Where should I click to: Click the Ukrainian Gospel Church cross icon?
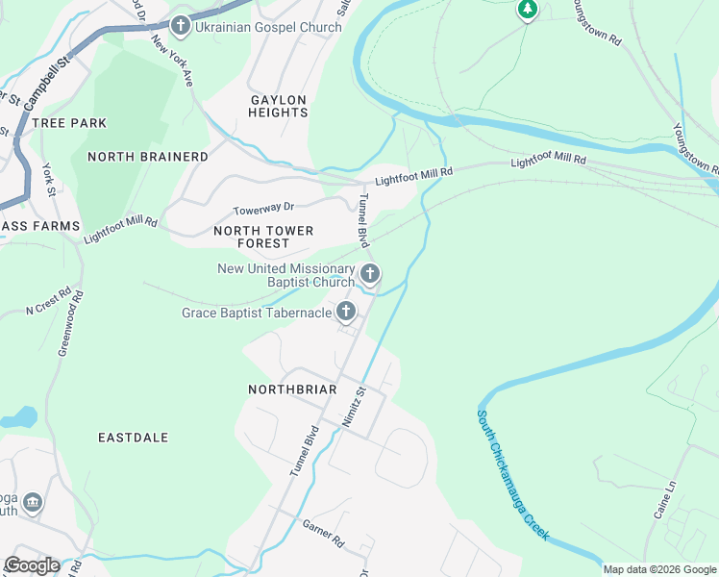[x=180, y=26]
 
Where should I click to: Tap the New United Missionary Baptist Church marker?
[x=369, y=276]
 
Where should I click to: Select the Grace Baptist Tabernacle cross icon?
[x=345, y=312]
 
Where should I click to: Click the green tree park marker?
[x=527, y=10]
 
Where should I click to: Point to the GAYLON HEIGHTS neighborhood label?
[x=279, y=106]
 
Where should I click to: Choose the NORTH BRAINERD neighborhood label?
[x=147, y=156]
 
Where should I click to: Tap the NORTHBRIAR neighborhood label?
[x=292, y=389]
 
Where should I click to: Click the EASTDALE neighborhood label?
[x=134, y=438]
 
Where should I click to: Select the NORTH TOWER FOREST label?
[x=263, y=238]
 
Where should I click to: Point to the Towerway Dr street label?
[x=263, y=208]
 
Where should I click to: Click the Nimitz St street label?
[x=353, y=406]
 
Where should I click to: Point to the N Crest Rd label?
[x=48, y=304]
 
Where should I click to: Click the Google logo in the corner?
[x=31, y=565]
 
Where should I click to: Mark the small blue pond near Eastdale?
[x=19, y=417]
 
